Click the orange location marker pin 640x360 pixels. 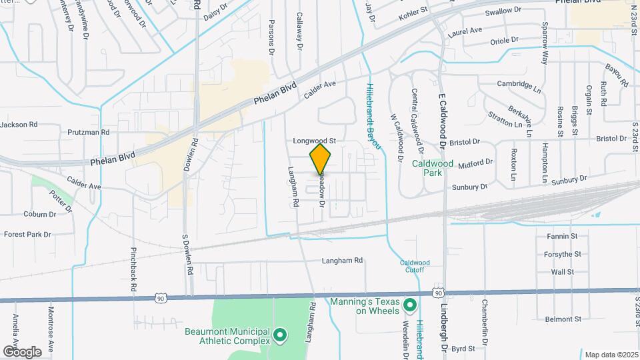click(x=320, y=159)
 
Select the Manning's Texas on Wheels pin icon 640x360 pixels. click(x=411, y=306)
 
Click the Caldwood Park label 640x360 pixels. click(x=433, y=167)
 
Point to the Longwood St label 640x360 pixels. click(x=313, y=141)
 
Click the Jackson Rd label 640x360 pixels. click(x=19, y=124)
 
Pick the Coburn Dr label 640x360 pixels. click(x=39, y=215)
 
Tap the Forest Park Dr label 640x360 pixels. click(x=27, y=235)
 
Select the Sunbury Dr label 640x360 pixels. click(x=569, y=179)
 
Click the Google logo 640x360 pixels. click(x=22, y=351)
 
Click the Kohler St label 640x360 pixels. click(x=413, y=12)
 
